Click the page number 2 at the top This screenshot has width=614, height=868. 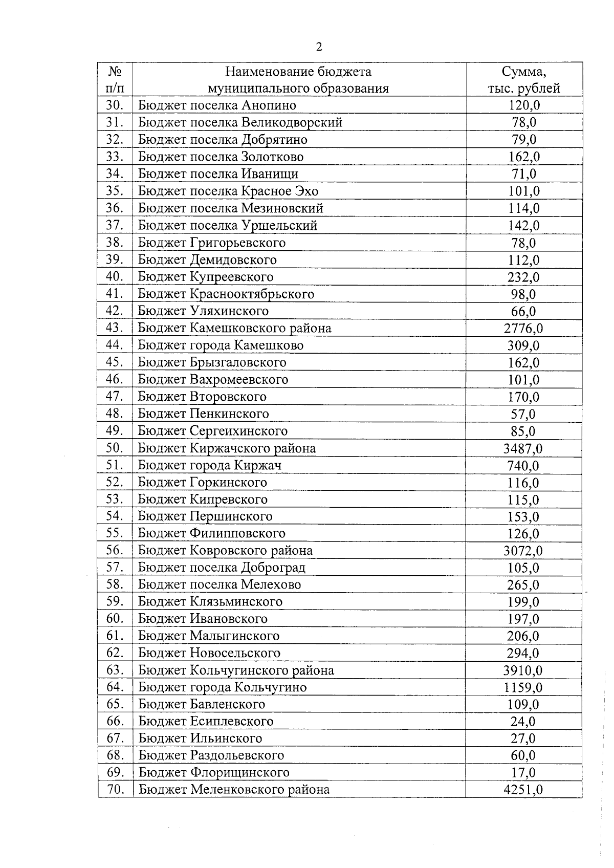point(319,48)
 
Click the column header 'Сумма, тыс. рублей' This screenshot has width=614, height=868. point(523,80)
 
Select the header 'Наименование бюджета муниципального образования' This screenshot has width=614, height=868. point(298,80)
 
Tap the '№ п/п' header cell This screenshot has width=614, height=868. point(115,80)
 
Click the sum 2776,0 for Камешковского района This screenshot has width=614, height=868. point(523,329)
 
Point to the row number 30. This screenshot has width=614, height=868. point(115,105)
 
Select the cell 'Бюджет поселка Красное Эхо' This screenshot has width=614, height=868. point(228,191)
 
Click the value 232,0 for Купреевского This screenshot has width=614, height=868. point(523,277)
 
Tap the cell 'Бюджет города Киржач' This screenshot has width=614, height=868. point(210,466)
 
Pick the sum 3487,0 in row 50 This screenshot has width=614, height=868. point(523,449)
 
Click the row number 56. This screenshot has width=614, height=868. point(115,551)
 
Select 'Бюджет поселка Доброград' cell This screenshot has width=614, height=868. point(222,568)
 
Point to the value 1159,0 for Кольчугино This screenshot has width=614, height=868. point(523,688)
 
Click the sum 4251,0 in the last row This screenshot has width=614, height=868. point(523,790)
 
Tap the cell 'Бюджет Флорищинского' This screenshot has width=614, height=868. point(214,773)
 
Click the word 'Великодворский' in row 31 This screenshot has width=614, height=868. point(292,123)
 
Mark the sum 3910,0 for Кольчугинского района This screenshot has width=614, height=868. point(523,670)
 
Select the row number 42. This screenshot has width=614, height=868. point(115,311)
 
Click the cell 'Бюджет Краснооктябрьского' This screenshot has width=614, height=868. point(226,294)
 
